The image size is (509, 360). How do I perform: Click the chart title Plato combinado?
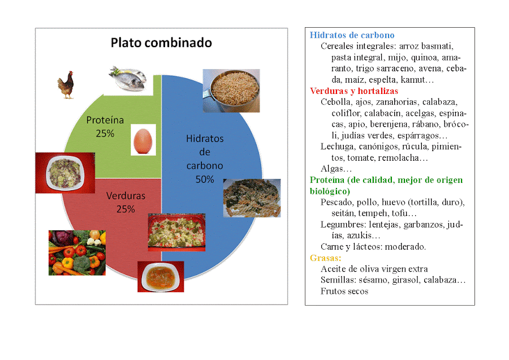tap(161, 43)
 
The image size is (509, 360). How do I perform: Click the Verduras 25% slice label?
tap(126, 202)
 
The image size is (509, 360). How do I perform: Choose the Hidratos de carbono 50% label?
tap(205, 159)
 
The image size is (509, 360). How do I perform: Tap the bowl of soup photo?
tap(161, 276)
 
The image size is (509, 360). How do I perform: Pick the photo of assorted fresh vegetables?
tap(77, 252)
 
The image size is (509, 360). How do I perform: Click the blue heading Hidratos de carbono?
tap(352, 35)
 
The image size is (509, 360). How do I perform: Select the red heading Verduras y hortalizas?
tap(354, 91)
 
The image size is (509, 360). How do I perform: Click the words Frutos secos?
tap(344, 292)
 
